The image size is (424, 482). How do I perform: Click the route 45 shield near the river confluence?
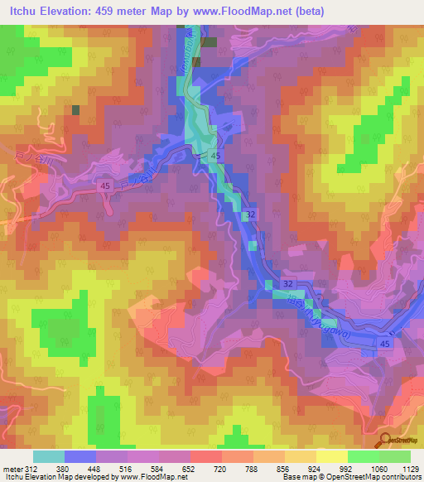coord(214,156)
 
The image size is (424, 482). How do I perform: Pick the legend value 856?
coord(282,469)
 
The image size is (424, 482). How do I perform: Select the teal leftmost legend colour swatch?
coord(48,456)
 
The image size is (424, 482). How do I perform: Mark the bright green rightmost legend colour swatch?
coord(395,456)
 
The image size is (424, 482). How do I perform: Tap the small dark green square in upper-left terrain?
coord(76,109)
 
